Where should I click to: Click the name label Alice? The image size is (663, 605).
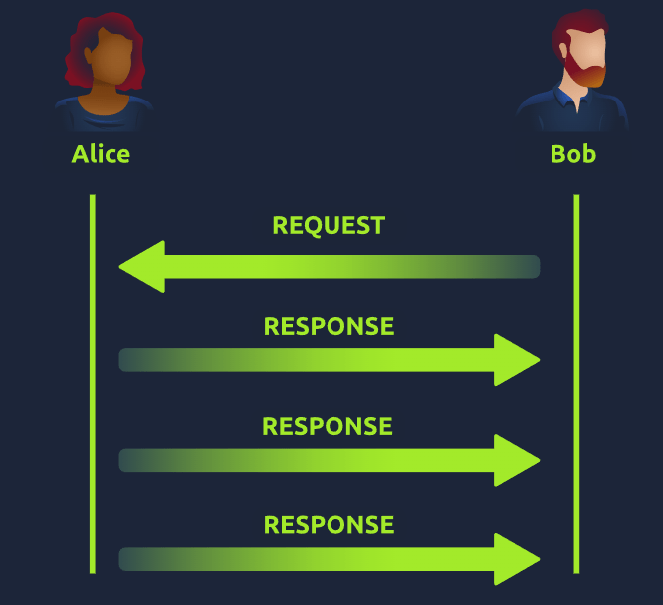101,154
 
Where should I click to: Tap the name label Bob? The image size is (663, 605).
573,154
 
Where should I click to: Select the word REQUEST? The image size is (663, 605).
329,225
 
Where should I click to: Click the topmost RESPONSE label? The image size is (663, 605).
329,326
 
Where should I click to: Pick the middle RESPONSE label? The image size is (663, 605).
328,426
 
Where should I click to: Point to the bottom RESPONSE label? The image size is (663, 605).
329,525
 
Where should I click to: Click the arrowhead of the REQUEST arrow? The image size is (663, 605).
141,266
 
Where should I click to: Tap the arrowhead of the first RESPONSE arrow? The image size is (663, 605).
517,359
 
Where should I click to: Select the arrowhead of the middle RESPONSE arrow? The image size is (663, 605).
517,459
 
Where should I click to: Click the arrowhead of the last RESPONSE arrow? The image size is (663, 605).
517,558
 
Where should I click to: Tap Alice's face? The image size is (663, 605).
104,62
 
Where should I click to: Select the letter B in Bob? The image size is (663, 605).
558,154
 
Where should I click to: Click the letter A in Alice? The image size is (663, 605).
80,154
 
